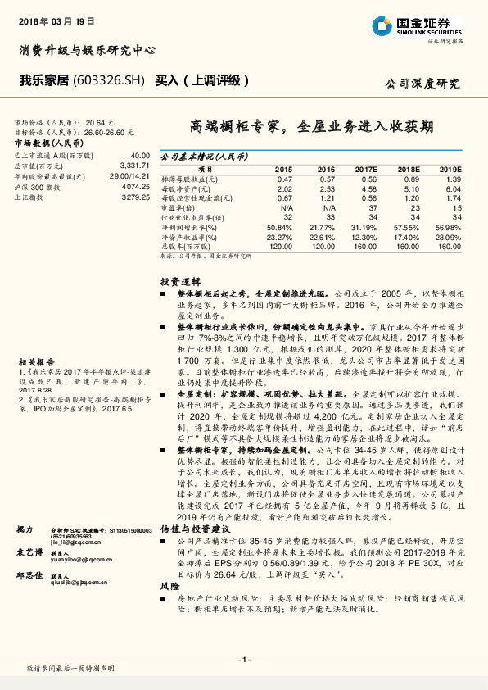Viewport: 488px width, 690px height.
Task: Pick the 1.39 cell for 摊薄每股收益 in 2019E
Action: (452, 179)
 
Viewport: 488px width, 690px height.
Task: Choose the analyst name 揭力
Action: (25, 531)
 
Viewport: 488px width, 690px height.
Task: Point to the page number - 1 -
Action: (243, 660)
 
